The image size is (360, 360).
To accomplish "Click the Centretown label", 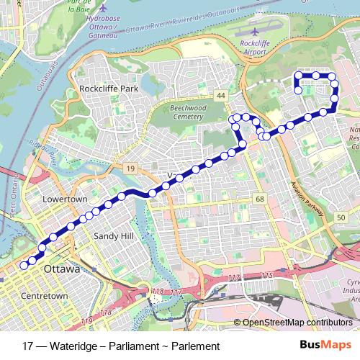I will [45, 295].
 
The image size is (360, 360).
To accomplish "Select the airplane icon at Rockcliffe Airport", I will [258, 32].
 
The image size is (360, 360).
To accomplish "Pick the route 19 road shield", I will [130, 168].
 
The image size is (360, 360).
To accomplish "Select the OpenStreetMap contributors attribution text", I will [297, 323].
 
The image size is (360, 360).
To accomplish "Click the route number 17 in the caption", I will [28, 346].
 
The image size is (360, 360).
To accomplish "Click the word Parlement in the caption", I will [194, 346].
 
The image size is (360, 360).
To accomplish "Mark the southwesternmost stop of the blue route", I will [24, 265].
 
